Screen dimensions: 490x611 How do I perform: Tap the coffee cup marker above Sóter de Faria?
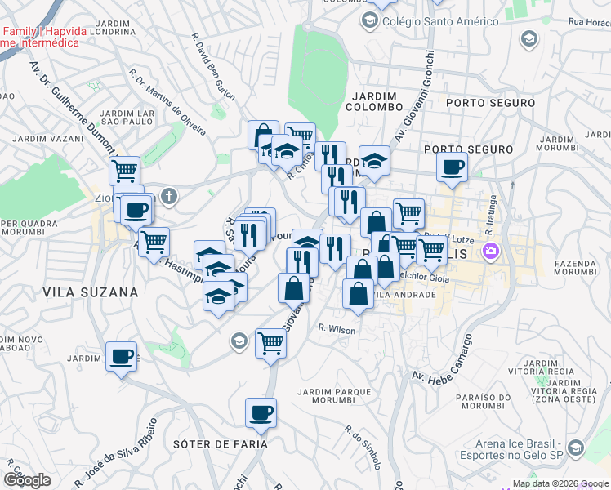point(261,413)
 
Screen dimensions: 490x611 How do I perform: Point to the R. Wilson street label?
point(337,329)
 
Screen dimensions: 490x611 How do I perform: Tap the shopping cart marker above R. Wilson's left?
point(270,343)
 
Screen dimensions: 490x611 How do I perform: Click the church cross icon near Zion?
point(169,195)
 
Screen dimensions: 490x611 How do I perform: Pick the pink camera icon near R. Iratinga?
point(490,250)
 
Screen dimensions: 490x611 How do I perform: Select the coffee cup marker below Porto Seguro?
point(451,167)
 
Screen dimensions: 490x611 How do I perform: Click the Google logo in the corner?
point(27,479)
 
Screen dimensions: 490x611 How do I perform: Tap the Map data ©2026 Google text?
point(560,483)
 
